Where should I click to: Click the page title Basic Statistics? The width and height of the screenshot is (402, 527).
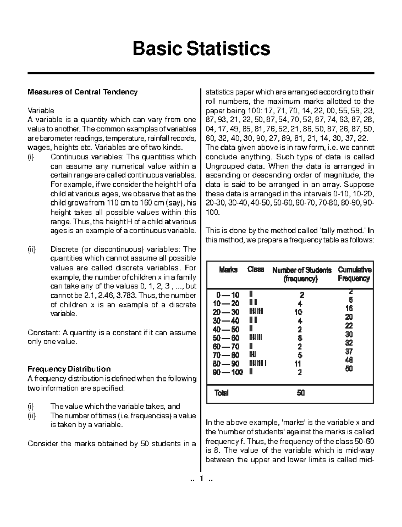pyautogui.click(x=201, y=48)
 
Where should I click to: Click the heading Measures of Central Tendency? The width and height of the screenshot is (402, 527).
pyautogui.click(x=82, y=92)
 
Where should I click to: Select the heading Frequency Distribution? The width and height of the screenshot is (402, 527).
pyautogui.click(x=69, y=369)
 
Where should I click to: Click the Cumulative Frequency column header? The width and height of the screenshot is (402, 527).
pyautogui.click(x=354, y=274)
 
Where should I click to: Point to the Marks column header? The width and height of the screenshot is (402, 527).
pyautogui.click(x=228, y=270)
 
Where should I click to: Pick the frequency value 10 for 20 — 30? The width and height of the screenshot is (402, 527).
pyautogui.click(x=298, y=312)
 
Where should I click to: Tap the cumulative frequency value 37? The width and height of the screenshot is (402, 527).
pyautogui.click(x=349, y=352)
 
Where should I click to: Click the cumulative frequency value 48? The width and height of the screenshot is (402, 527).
pyautogui.click(x=349, y=360)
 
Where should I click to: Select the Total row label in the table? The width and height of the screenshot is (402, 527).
pyautogui.click(x=222, y=393)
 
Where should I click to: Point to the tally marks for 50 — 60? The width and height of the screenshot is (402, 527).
pyautogui.click(x=255, y=338)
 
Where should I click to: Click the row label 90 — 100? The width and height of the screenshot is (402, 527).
pyautogui.click(x=228, y=372)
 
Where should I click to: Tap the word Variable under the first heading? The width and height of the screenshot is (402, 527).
pyautogui.click(x=41, y=111)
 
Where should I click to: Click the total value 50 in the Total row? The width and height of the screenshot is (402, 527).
pyautogui.click(x=300, y=393)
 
